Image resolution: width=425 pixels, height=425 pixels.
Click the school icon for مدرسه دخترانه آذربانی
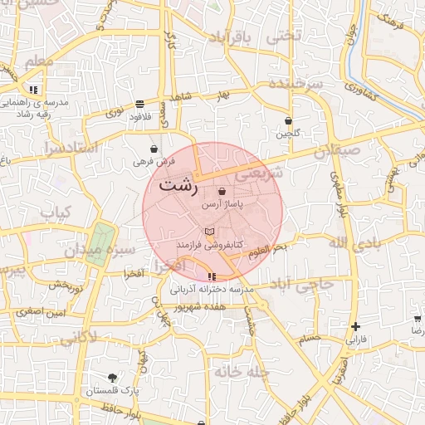(212, 276)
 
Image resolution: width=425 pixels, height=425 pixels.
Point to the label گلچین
(288, 134)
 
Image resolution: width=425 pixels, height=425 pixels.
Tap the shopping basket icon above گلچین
(288, 120)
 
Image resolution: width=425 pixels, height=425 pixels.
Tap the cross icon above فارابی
(355, 326)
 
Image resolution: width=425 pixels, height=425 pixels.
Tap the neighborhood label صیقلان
(338, 152)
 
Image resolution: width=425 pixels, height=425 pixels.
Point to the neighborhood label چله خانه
(241, 372)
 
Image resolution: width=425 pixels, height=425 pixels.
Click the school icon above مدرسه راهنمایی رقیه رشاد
(33, 89)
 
